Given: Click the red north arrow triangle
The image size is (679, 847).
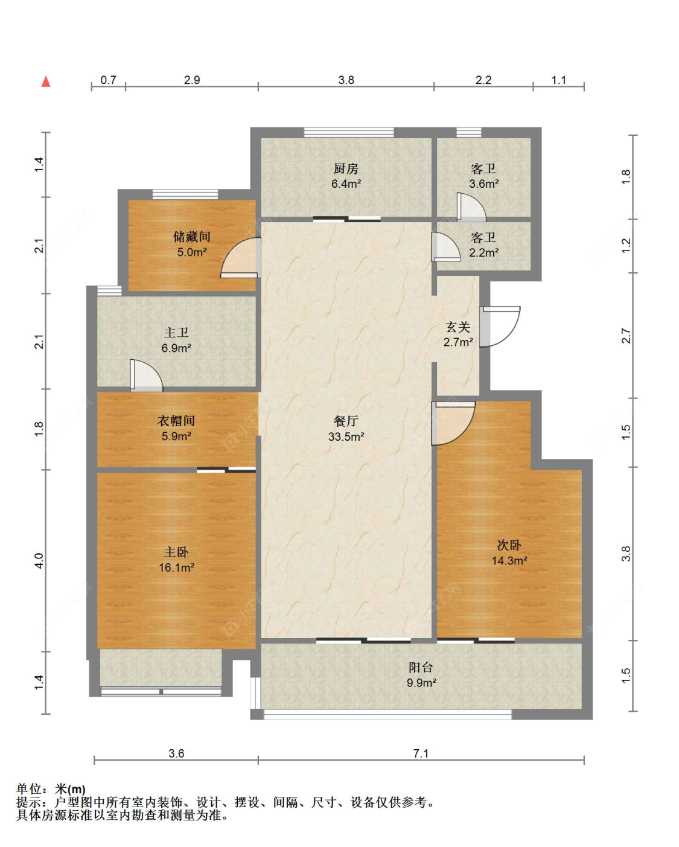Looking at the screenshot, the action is (x=46, y=82).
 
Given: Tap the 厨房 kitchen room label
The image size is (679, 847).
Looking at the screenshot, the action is (x=346, y=169).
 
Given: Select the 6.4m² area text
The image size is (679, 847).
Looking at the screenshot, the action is (x=346, y=184).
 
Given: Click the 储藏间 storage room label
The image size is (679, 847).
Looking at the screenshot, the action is (x=192, y=237).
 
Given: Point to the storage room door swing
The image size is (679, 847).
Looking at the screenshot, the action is (x=240, y=258).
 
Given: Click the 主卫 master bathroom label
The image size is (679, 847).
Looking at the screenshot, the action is (x=176, y=333).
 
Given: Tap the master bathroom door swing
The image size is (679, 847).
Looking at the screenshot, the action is (x=146, y=376).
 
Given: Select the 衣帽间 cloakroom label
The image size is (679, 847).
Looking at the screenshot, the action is (x=176, y=421).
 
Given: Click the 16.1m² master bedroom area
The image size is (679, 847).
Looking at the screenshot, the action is (x=176, y=567).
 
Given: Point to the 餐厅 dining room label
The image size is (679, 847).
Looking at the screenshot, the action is (x=346, y=421).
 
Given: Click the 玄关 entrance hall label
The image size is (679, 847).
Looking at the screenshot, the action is (x=458, y=327).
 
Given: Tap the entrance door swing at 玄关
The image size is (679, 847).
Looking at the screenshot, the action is (x=500, y=327).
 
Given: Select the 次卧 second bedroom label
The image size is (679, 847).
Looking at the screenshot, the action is (x=509, y=545).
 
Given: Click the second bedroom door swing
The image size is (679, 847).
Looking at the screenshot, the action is (x=453, y=423).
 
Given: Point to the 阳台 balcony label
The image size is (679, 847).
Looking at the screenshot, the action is (x=421, y=667).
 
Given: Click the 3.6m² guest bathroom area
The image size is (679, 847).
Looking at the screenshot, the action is (x=484, y=184).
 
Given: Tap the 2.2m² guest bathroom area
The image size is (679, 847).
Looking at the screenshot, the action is (x=484, y=253).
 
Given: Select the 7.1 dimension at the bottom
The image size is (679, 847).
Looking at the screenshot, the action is (x=421, y=753).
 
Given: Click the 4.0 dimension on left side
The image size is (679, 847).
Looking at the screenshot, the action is (x=39, y=560).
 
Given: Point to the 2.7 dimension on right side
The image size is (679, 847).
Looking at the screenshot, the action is (x=626, y=335).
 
